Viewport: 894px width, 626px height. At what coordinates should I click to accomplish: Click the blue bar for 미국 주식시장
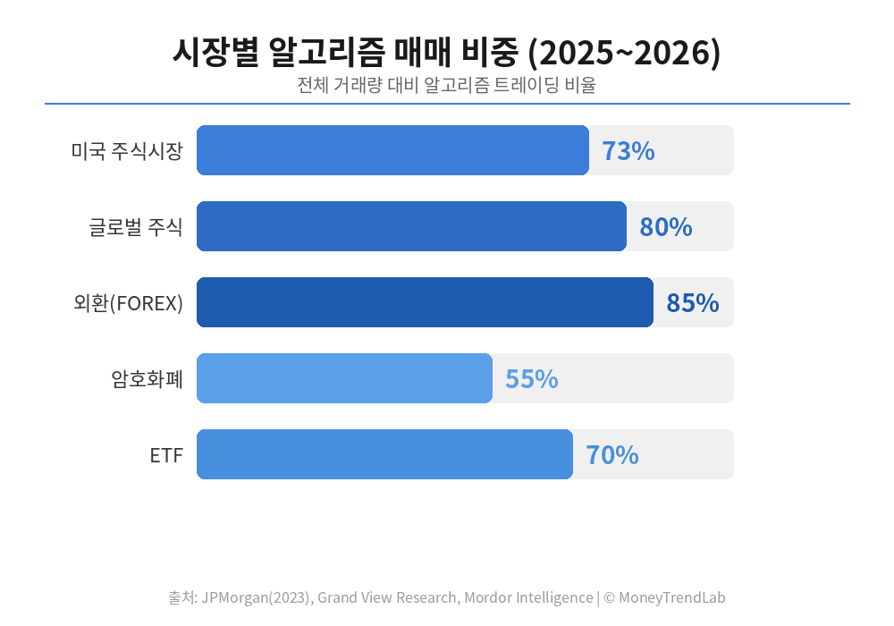[x=392, y=150]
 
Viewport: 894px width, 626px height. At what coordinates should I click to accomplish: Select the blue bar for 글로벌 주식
[x=411, y=226]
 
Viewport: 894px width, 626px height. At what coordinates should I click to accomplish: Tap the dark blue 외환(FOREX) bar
[x=425, y=302]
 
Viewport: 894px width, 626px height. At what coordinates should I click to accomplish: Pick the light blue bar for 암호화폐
[x=344, y=378]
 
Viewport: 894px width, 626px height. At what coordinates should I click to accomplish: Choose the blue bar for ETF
[x=384, y=454]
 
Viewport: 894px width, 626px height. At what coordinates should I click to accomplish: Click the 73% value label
[x=628, y=151]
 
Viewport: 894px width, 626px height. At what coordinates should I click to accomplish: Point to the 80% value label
[x=666, y=227]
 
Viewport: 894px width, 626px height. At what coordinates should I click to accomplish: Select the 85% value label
[x=693, y=303]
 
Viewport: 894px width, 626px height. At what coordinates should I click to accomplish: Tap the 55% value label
[x=532, y=379]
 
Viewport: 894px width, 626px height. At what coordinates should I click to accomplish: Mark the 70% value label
[x=612, y=455]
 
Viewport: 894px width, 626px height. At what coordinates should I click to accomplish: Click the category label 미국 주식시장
[x=127, y=151]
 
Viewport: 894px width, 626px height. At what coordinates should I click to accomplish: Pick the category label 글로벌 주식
[x=136, y=227]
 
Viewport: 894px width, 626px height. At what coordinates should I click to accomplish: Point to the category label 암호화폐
[x=148, y=379]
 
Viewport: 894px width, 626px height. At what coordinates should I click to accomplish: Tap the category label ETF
[x=166, y=455]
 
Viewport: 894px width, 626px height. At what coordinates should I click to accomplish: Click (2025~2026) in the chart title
[x=625, y=53]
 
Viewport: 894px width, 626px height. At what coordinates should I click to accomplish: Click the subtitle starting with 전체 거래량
[x=447, y=86]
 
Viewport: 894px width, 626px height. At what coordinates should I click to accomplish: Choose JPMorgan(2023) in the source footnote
[x=257, y=597]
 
